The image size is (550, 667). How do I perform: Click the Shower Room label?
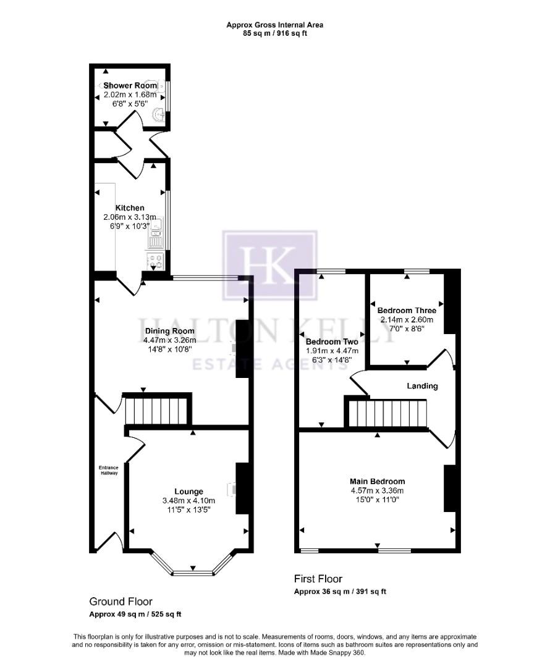coord(130,85)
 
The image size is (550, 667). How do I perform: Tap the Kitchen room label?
coord(130,208)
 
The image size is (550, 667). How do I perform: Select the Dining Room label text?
coord(166,330)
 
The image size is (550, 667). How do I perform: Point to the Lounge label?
coord(188,492)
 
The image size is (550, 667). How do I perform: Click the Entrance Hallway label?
coord(109,470)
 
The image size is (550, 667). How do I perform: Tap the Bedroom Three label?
coord(407,311)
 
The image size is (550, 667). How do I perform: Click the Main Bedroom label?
coord(377,482)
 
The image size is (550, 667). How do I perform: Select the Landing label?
coord(422,386)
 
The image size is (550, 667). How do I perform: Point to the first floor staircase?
coord(387,413)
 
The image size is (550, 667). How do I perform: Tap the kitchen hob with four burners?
coord(154,261)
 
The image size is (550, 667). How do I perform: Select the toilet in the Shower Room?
coord(159,114)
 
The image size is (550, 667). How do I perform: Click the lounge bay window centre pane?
coord(193,573)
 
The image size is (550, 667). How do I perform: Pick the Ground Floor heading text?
coord(121,602)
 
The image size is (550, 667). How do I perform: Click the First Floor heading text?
coord(318,579)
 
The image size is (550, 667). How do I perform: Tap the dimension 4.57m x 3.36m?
coord(377,491)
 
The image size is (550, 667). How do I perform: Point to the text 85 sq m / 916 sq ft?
coord(274,33)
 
